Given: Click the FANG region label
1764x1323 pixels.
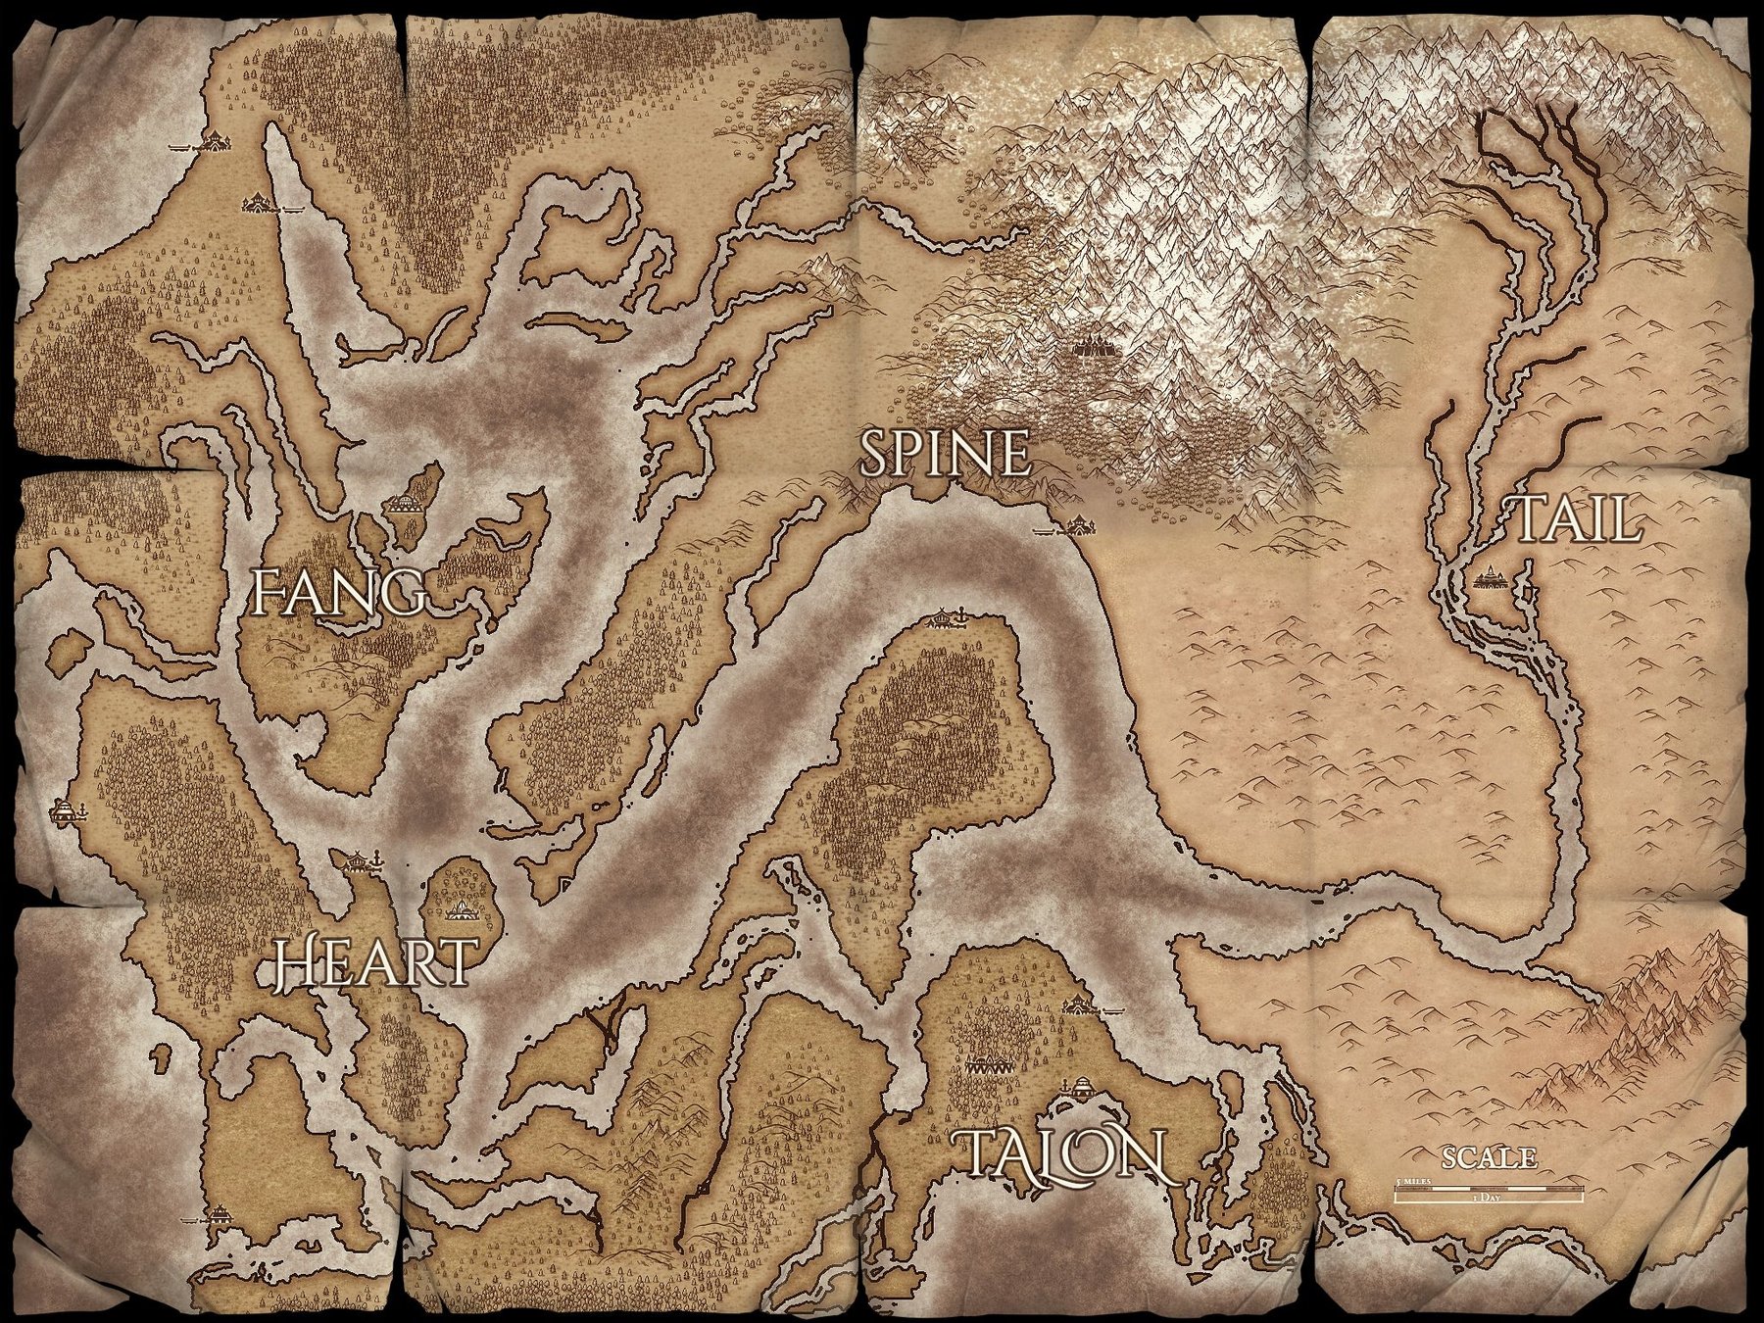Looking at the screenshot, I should point(338,591).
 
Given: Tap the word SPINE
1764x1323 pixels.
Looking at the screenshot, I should point(945,455).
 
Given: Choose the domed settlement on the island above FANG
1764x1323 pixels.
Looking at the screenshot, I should point(403,506).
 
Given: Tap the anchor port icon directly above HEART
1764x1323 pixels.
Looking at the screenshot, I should point(360,859).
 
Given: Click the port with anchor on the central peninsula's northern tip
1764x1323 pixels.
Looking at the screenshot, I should point(946,618).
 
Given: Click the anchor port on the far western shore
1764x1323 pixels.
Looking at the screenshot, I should point(65,810).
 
